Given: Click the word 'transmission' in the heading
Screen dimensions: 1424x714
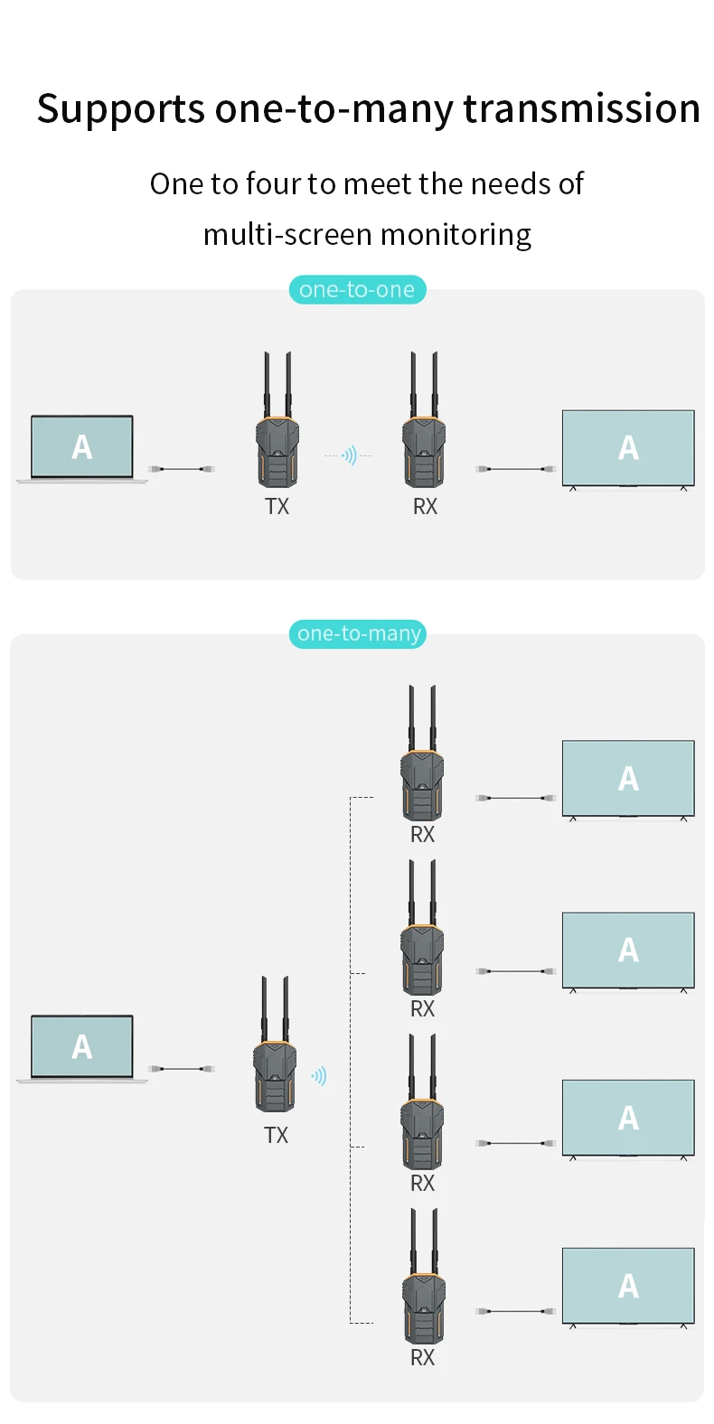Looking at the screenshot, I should [581, 108].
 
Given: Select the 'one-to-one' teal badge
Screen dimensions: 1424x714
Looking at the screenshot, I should [357, 289].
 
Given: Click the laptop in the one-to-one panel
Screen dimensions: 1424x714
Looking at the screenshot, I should [82, 448].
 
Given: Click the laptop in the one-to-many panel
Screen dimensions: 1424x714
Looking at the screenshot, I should [82, 1048].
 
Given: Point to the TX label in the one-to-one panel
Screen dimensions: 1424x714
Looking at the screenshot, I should [277, 507].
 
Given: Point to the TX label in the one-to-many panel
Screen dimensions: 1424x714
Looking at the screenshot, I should [276, 1136].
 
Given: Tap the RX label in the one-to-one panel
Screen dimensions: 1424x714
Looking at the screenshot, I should [425, 507].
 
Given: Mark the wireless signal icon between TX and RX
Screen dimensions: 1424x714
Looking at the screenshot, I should [349, 455].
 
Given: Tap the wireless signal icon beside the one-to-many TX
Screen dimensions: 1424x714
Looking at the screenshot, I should [319, 1075].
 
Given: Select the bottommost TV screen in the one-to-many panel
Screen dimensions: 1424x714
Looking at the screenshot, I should [628, 1287].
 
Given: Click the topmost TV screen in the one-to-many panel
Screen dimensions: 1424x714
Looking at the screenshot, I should [628, 779].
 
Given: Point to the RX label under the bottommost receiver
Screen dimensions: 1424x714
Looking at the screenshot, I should [422, 1357].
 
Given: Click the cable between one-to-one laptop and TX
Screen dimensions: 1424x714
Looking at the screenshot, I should [182, 469].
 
